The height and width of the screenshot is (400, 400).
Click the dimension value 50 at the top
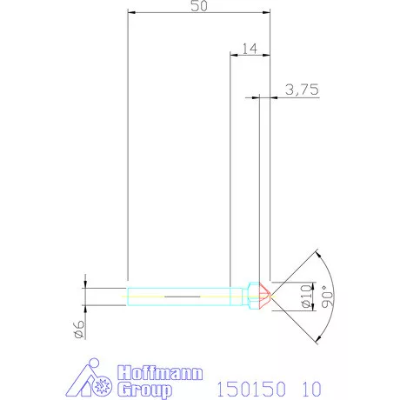[x=198, y=6]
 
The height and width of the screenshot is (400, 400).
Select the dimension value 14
[x=249, y=48]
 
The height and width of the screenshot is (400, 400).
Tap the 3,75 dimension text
[x=299, y=89]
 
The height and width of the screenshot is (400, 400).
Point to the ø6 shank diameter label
[x=78, y=328]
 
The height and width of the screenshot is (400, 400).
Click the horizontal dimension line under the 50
[x=198, y=13]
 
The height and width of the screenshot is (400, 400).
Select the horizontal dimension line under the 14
[x=249, y=55]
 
